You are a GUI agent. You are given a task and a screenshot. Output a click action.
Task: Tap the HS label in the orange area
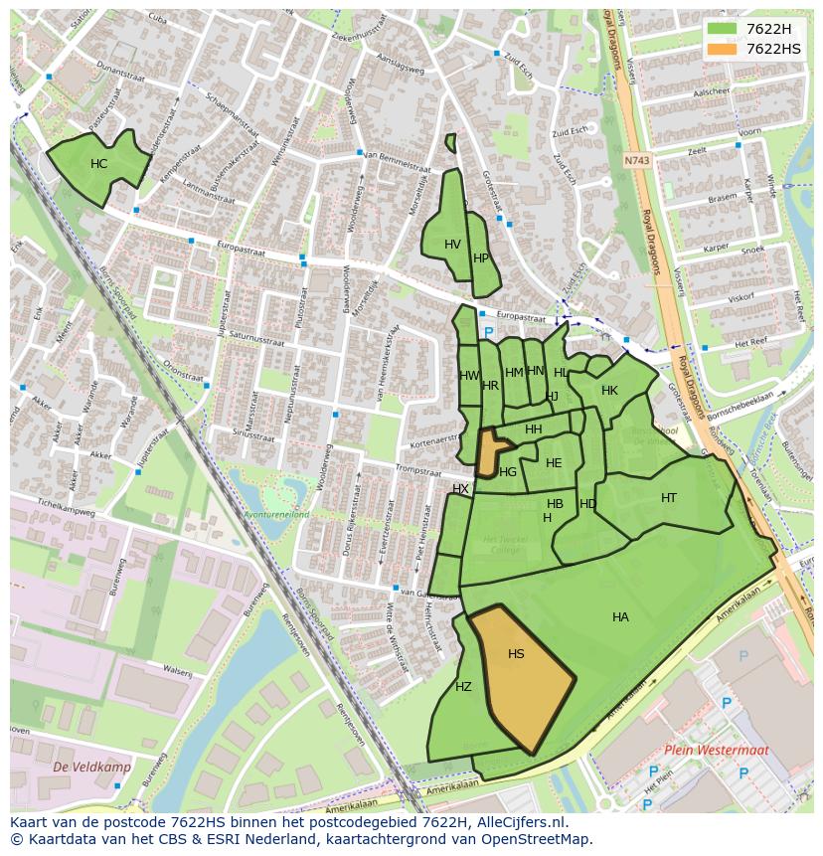click(516, 654)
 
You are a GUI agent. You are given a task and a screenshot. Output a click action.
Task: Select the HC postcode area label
click(99, 164)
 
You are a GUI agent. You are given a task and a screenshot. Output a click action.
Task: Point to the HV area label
click(452, 245)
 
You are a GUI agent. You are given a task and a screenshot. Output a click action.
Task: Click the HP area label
click(481, 258)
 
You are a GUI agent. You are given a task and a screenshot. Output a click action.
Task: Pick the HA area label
click(620, 617)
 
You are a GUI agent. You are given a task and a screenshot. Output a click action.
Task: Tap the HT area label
click(669, 498)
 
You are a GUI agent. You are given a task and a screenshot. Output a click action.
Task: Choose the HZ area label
click(463, 687)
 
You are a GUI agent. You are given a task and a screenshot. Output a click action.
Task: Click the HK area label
click(609, 391)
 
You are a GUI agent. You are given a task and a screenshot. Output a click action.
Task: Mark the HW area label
click(469, 376)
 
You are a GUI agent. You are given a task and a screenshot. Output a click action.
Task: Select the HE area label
click(554, 463)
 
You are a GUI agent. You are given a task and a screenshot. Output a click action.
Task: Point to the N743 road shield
click(636, 160)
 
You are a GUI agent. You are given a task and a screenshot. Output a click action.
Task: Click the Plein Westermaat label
click(704, 751)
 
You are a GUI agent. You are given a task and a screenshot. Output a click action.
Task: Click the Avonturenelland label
click(277, 514)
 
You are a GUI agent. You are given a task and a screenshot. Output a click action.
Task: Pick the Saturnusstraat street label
click(256, 338)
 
